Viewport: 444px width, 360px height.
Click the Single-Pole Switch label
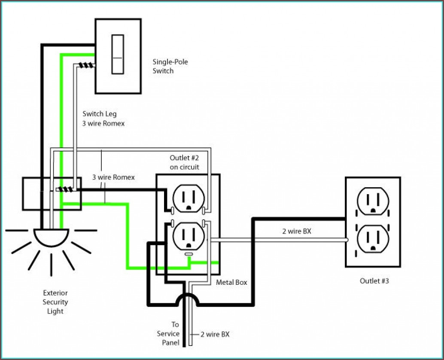(170, 66)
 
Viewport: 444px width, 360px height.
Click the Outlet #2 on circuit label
(184, 162)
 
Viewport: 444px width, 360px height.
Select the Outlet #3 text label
(374, 281)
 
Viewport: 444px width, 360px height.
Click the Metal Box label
(231, 282)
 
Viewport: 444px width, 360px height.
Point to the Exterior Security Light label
(55, 302)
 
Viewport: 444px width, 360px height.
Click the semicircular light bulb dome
(51, 236)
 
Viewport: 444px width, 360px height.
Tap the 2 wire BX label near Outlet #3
(296, 232)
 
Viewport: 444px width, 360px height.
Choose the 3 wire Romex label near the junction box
(113, 177)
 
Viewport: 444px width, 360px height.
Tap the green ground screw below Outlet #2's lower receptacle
(188, 255)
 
